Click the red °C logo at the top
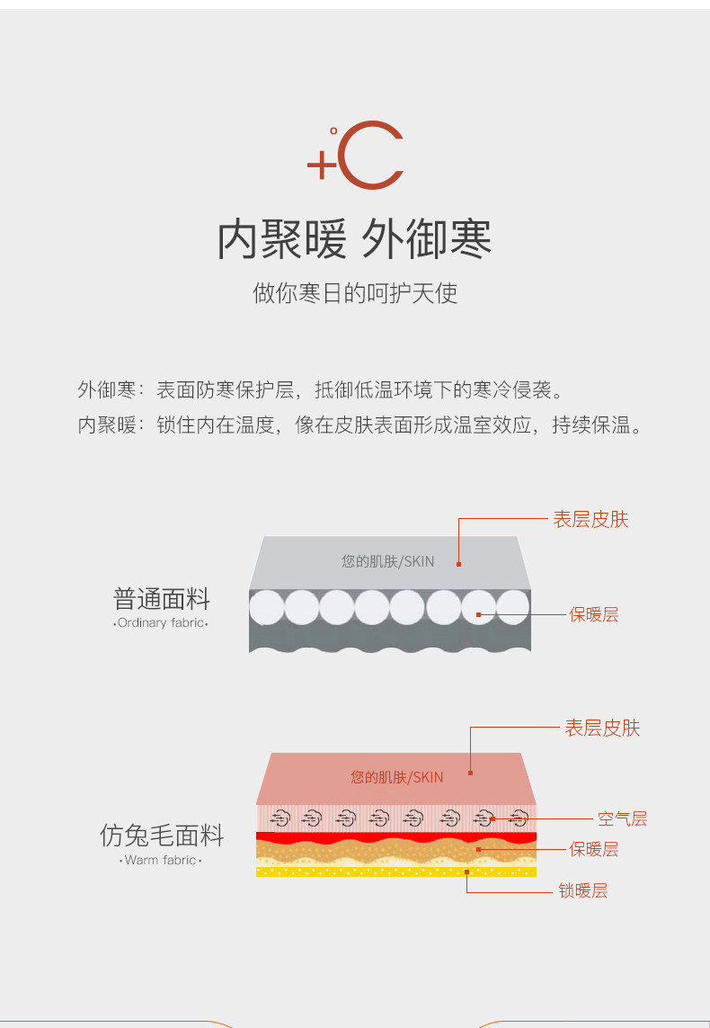(355, 158)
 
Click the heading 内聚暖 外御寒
(354, 239)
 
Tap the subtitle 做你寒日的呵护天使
(355, 293)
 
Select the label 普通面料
(162, 599)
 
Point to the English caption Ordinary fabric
(162, 622)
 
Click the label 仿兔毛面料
(162, 836)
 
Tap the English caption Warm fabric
(162, 861)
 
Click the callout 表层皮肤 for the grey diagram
(590, 519)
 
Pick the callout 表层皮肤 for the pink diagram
(602, 728)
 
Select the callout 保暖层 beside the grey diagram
(593, 614)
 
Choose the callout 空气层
(622, 818)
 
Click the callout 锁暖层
(583, 890)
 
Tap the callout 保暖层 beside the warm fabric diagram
(593, 848)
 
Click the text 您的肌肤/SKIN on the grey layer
(387, 561)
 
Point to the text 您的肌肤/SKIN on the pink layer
(396, 777)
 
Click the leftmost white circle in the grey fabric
(267, 607)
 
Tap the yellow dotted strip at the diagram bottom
(395, 871)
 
